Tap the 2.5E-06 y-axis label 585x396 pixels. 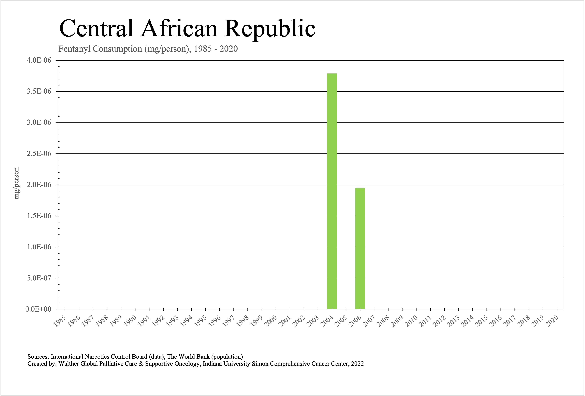point(39,154)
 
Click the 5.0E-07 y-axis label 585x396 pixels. point(39,278)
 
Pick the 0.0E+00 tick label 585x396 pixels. point(38,309)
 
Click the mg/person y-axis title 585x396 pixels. point(17,183)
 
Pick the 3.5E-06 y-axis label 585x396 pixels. point(39,92)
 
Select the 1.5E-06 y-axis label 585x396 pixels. point(39,216)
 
